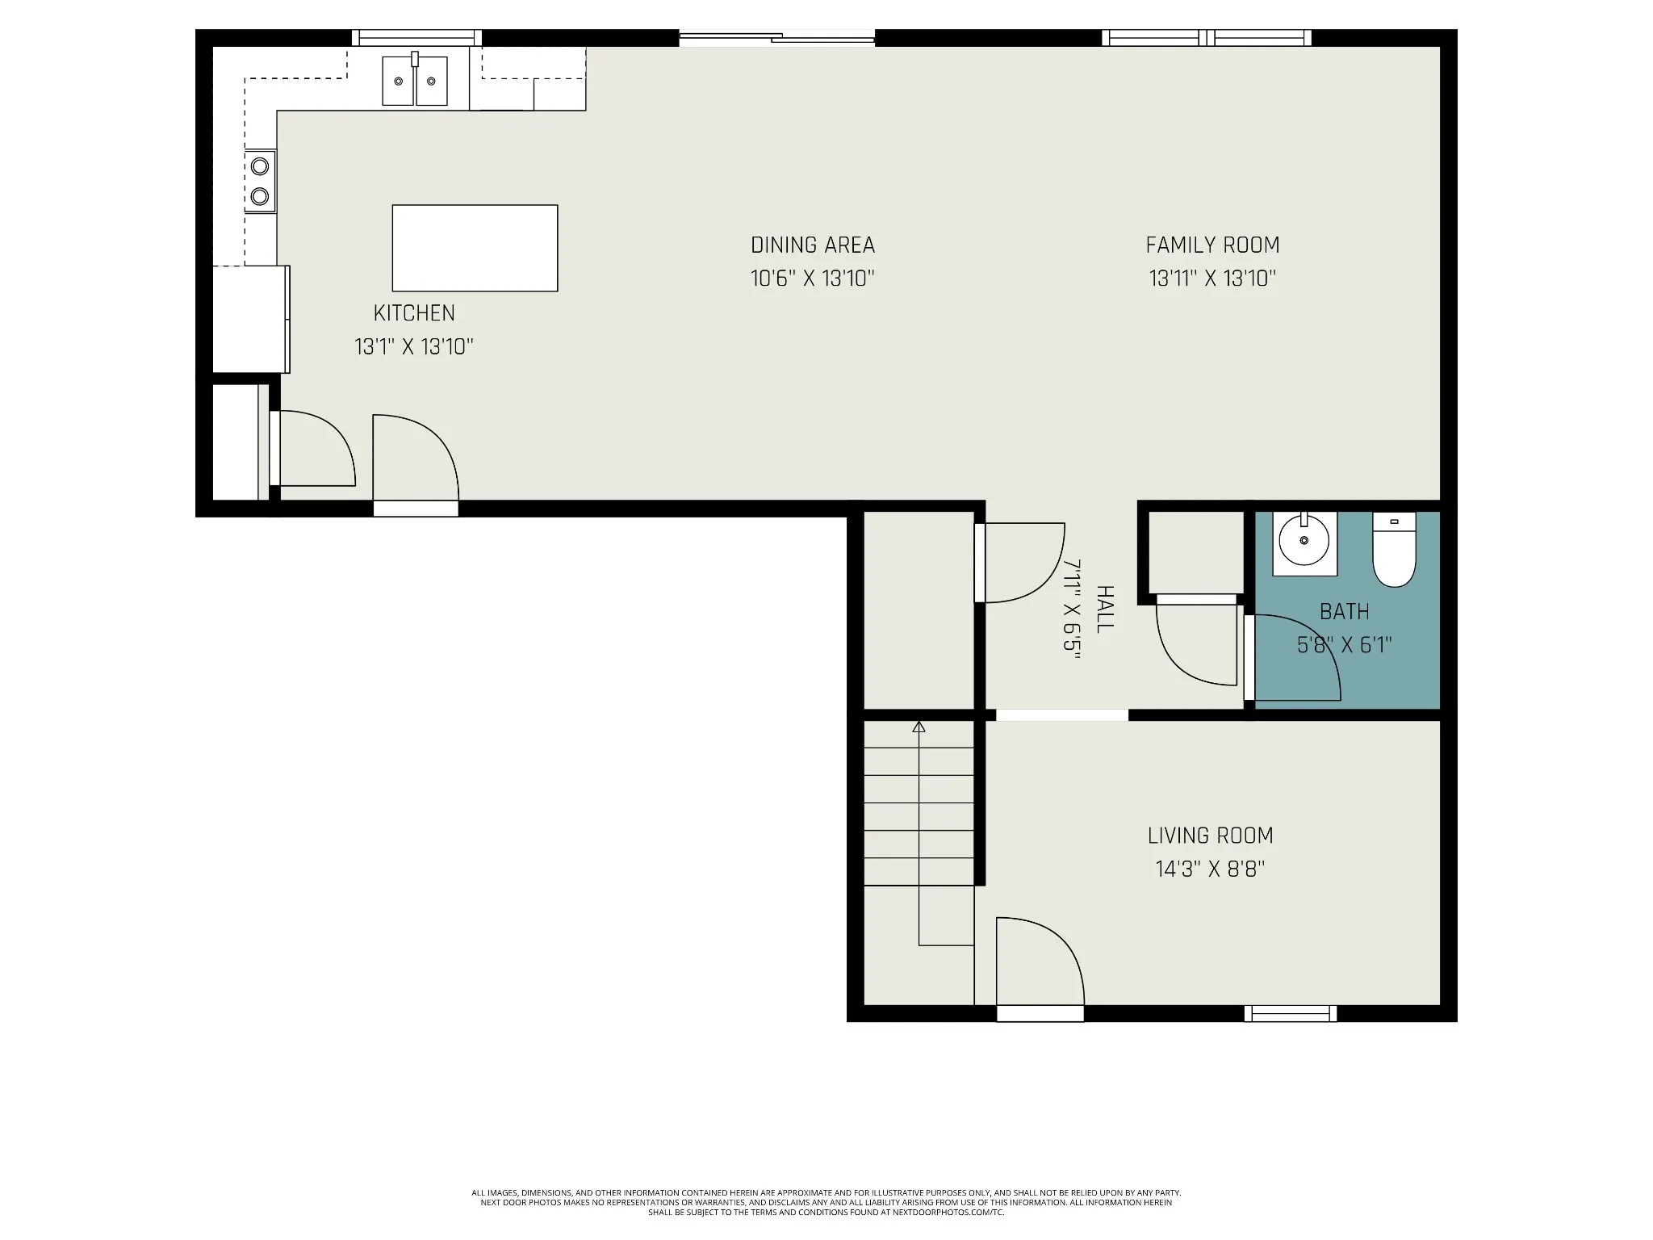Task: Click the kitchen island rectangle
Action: pos(475,248)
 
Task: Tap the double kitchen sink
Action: pos(415,80)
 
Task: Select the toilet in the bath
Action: pos(1394,549)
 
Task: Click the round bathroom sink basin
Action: pos(1304,542)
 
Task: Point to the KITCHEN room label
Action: pos(414,312)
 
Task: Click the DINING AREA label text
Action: pos(813,245)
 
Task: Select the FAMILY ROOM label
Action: pos(1212,245)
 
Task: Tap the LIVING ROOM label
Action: pos(1210,836)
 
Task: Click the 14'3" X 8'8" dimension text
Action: pos(1210,869)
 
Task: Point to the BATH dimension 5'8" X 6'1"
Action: pos(1345,645)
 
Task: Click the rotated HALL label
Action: pos(1105,610)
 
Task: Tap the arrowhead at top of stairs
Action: pos(919,727)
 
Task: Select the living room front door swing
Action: pos(1040,961)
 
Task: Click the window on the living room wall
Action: pos(1290,1013)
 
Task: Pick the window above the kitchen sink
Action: pos(416,38)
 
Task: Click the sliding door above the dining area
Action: pos(776,37)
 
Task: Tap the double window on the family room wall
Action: pos(1207,38)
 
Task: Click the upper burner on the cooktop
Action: pos(260,166)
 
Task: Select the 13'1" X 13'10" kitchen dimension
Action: pos(414,346)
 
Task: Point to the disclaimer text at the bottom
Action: pos(826,1225)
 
